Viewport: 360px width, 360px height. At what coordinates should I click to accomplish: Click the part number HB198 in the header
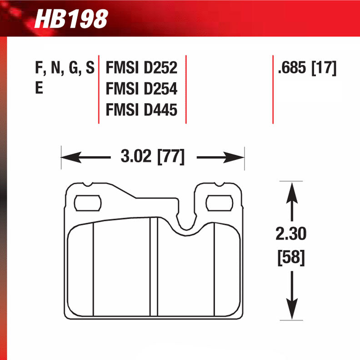71,19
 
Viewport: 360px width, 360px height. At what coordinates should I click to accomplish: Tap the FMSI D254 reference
141,90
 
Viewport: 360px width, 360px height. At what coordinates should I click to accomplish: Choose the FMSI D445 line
141,110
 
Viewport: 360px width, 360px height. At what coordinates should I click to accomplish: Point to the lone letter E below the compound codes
39,90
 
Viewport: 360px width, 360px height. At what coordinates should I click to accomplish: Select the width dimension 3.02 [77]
152,157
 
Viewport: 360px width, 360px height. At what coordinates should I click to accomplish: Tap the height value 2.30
291,234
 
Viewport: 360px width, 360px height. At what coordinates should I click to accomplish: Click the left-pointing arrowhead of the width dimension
68,158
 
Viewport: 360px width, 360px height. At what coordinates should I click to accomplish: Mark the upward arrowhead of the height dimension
291,189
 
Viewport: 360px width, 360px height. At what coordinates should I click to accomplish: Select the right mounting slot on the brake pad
219,203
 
